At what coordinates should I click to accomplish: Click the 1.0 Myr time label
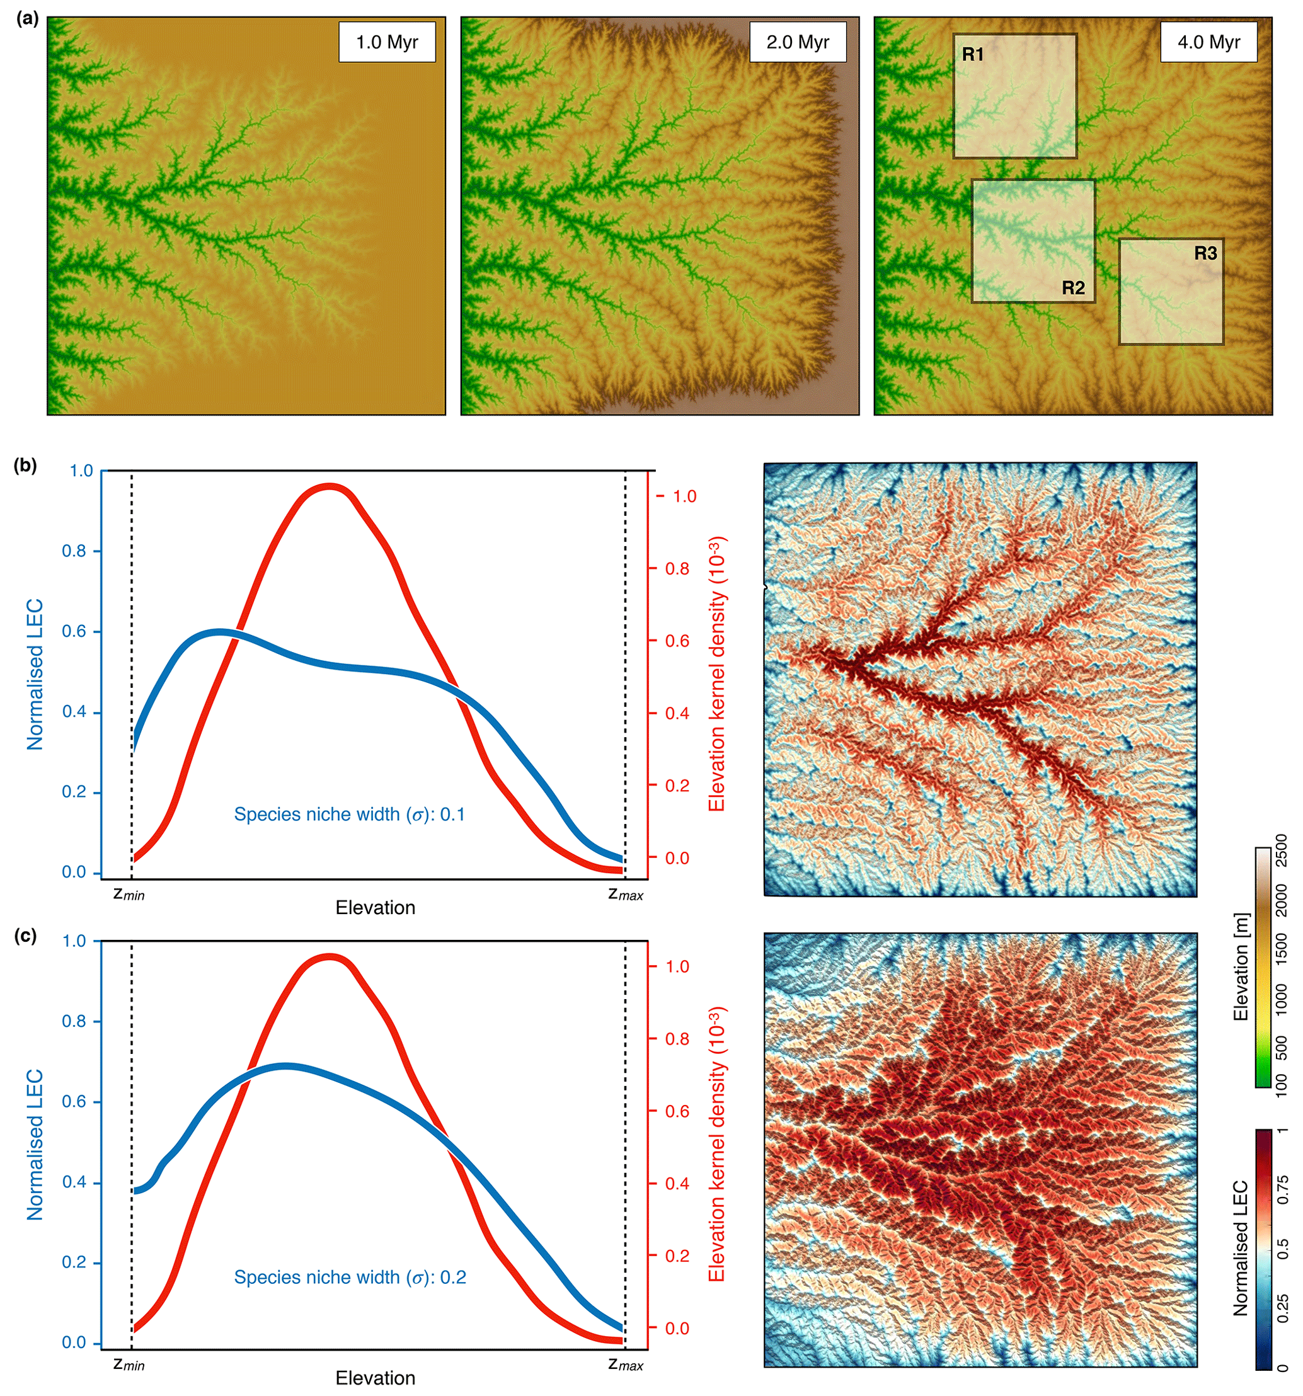[386, 42]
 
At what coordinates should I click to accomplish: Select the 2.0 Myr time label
[797, 42]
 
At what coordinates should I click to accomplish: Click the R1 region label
[973, 55]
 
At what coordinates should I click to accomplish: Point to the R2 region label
[1072, 288]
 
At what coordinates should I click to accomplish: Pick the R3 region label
[1205, 253]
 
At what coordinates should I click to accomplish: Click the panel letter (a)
[26, 19]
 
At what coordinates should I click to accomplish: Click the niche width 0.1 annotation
[349, 815]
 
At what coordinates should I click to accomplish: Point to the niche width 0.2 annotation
[350, 1277]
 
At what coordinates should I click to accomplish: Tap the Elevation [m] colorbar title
[1242, 967]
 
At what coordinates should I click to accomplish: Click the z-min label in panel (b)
[129, 895]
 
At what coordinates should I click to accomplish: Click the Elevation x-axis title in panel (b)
[375, 908]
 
